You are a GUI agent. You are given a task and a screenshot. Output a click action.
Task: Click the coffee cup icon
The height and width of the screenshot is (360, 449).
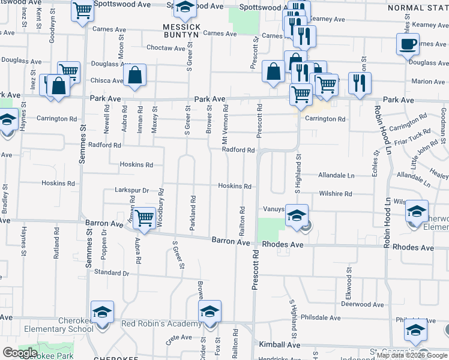(x=408, y=44)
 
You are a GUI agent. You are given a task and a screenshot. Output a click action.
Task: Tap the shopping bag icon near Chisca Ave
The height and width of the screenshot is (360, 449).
(x=135, y=76)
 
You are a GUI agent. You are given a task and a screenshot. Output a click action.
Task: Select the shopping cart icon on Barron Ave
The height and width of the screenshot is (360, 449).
(x=144, y=218)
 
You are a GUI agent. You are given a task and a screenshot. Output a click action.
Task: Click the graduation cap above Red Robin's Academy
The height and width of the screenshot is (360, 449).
(x=209, y=311)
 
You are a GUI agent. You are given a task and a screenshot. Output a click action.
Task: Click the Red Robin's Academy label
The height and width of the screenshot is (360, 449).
(x=161, y=325)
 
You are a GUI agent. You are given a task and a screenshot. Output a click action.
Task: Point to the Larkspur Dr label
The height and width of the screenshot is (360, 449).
(x=131, y=190)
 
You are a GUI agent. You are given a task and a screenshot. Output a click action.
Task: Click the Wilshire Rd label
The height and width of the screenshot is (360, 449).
(x=336, y=194)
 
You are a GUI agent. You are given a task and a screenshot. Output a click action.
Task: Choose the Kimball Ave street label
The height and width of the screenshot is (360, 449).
(x=280, y=345)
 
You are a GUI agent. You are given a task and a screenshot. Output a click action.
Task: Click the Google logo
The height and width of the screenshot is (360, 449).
(x=19, y=352)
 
